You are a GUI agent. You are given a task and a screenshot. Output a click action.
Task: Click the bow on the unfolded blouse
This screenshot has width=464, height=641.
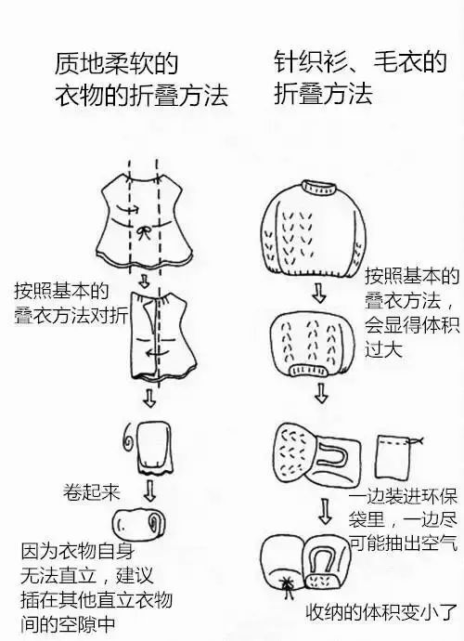tap(143, 233)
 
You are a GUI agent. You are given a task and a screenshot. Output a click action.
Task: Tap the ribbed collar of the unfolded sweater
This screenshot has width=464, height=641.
tap(319, 188)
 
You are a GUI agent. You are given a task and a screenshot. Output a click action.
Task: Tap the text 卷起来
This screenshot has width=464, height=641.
tap(92, 491)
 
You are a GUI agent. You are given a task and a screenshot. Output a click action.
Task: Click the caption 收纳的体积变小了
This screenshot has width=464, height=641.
tap(382, 612)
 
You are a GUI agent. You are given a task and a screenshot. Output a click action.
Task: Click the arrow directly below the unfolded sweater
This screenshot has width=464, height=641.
tap(318, 292)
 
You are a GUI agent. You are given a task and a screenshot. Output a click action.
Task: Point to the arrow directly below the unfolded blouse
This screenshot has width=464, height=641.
tap(143, 281)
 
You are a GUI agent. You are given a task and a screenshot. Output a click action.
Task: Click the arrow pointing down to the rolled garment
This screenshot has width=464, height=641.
tap(150, 491)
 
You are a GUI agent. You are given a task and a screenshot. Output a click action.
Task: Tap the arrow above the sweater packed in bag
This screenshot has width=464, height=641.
tap(325, 511)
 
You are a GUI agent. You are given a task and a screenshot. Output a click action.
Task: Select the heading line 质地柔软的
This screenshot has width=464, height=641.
tap(116, 63)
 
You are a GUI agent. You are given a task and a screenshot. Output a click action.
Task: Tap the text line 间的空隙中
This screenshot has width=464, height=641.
tap(68, 624)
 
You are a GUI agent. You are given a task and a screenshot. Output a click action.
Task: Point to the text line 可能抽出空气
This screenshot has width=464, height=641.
tap(403, 543)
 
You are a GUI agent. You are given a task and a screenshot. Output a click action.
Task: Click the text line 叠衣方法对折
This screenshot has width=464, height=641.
tap(71, 316)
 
